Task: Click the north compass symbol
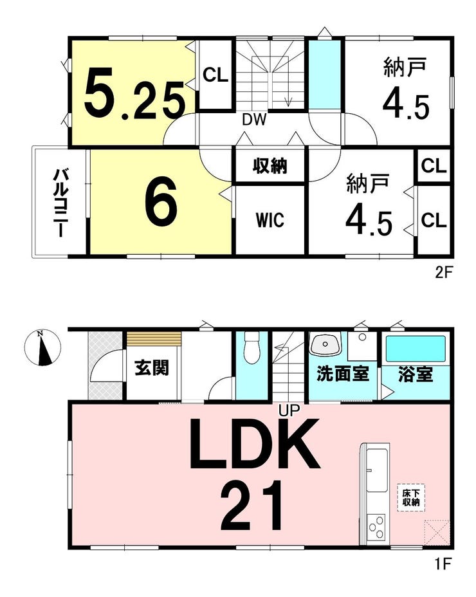point(42,347)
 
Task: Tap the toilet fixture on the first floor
point(252,347)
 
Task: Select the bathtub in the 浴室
point(416,349)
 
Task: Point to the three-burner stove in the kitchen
point(376,527)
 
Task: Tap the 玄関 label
point(152,368)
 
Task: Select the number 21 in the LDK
point(252,506)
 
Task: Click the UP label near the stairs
point(289,410)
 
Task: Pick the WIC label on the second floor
point(270,219)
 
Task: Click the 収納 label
point(270,166)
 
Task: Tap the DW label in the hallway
point(254,120)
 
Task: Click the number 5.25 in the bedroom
point(135,93)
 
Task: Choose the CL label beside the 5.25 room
point(215,75)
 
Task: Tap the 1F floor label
point(443,564)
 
